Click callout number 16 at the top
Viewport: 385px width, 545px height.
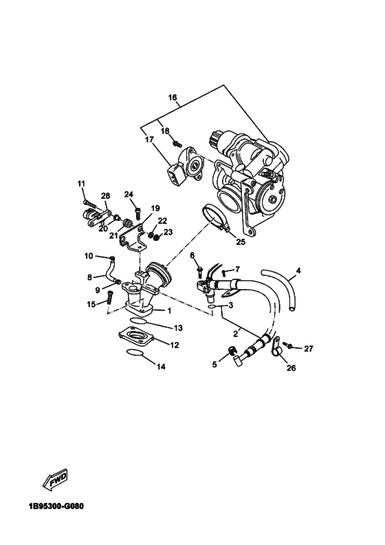pyautogui.click(x=173, y=98)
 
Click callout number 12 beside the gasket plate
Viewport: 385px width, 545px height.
pyautogui.click(x=175, y=345)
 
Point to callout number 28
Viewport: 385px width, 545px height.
pyautogui.click(x=106, y=196)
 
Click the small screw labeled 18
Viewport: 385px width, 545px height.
pyautogui.click(x=176, y=144)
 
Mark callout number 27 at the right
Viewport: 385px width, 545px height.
pyautogui.click(x=309, y=349)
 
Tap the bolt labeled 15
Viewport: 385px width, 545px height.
pyautogui.click(x=110, y=299)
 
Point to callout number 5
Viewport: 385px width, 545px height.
pyautogui.click(x=212, y=364)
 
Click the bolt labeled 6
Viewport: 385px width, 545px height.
pyautogui.click(x=199, y=269)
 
